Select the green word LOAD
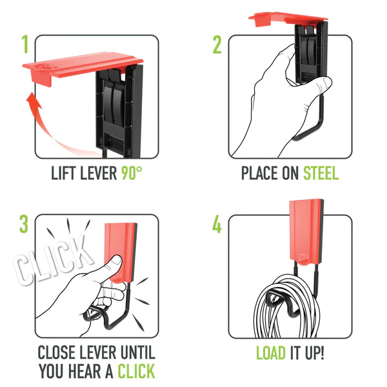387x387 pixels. pyautogui.click(x=272, y=353)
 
